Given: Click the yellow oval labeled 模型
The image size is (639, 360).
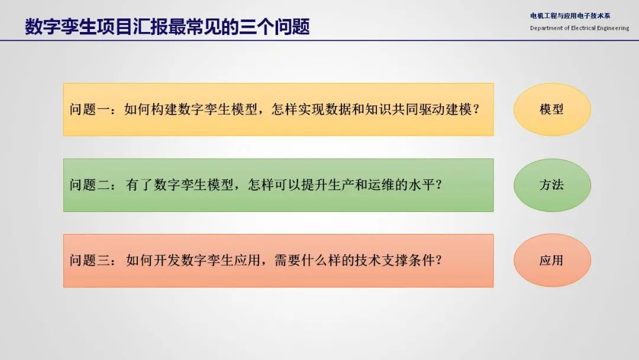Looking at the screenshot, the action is (552, 110).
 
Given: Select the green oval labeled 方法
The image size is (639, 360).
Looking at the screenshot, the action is (552, 185).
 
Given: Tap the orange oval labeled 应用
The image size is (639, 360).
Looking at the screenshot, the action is (552, 260).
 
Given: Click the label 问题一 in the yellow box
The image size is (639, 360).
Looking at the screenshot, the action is (89, 110).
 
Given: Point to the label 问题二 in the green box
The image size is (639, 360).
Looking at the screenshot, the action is (89, 185).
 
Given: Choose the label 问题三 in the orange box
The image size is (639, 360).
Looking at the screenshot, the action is (89, 260).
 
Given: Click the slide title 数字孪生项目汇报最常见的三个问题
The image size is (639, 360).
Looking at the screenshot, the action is (167, 27).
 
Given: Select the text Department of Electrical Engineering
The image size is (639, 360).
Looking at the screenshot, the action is (579, 28).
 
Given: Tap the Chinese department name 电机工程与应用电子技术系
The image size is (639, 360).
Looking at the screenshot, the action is (570, 16).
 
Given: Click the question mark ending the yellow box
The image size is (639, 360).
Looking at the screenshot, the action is (476, 110).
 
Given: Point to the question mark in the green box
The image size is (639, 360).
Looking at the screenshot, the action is (438, 185).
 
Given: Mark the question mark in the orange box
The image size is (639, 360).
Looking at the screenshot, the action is (438, 260).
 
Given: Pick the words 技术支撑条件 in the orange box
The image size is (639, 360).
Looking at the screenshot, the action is (395, 260).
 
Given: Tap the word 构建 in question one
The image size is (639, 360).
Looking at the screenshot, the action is (164, 110).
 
